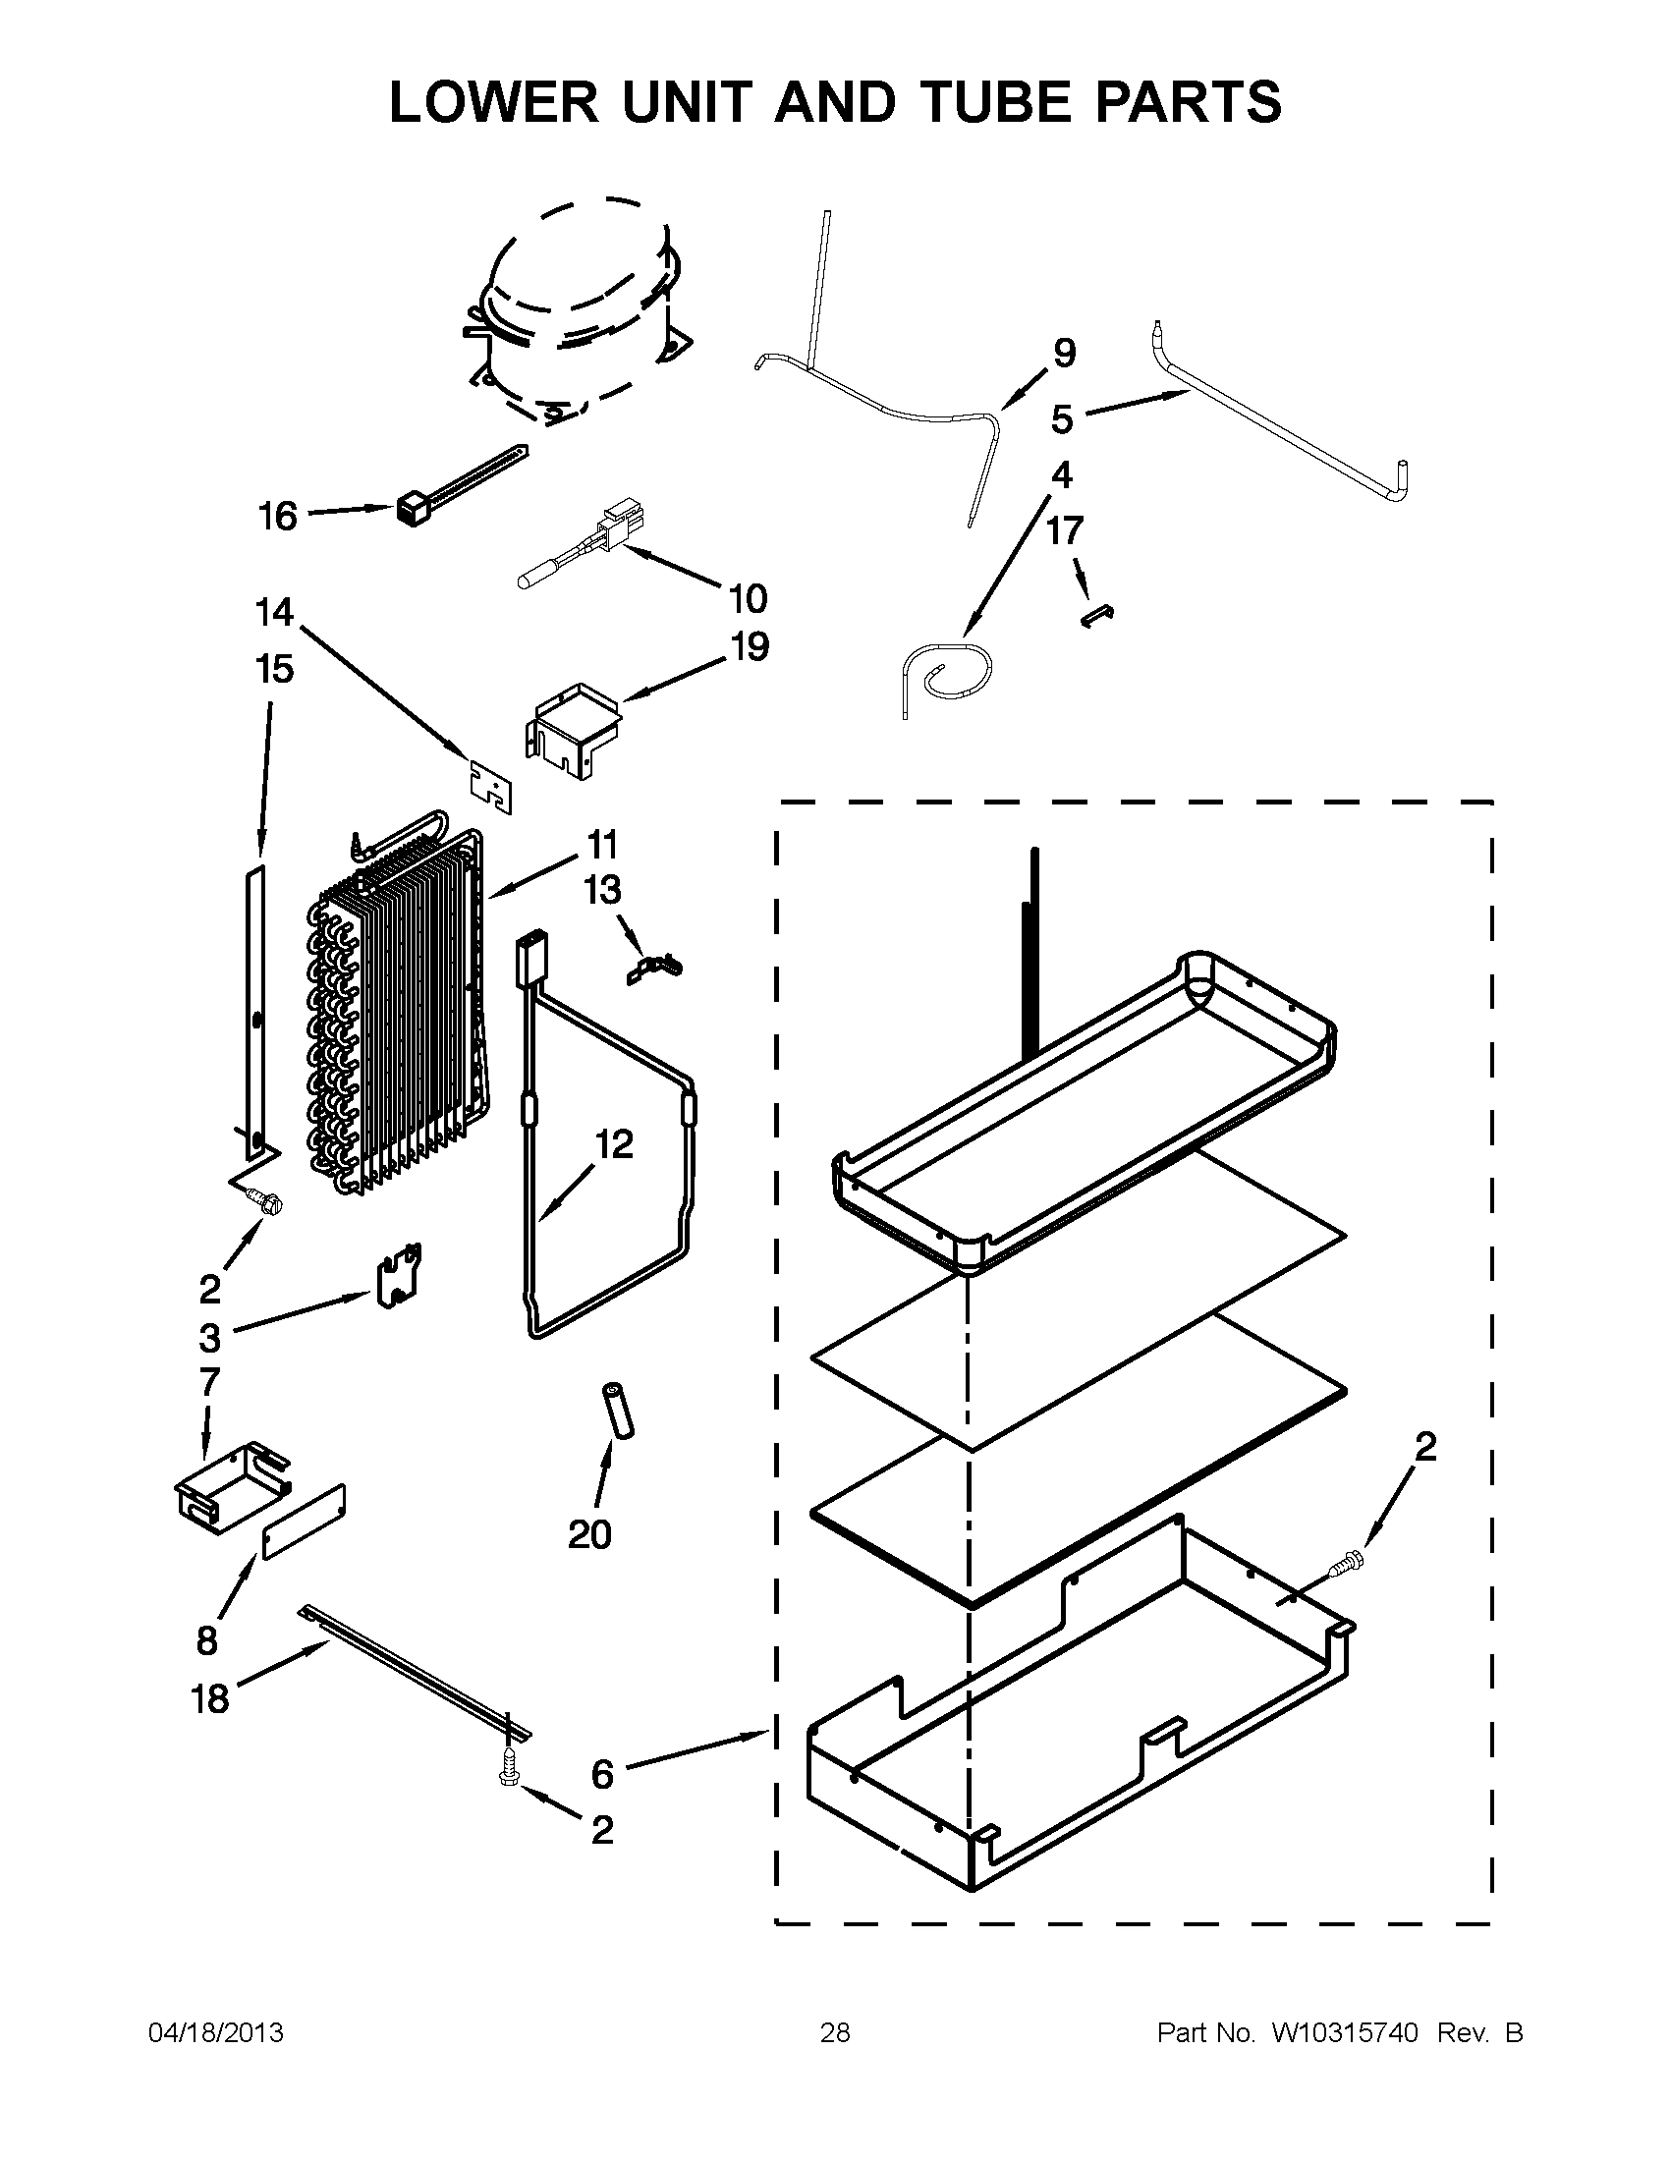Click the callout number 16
tap(277, 517)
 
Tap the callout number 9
tap(1064, 354)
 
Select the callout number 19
tap(749, 647)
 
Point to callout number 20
tap(589, 1534)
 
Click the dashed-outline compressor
tap(574, 311)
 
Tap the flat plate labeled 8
tap(304, 1520)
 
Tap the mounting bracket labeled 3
tap(400, 1276)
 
